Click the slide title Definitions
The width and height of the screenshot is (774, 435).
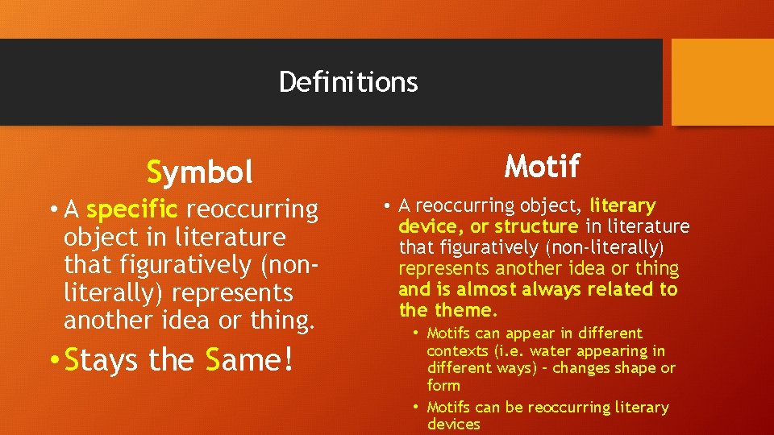tap(348, 81)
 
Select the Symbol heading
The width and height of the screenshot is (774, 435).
tap(200, 172)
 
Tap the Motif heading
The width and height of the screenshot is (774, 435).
tap(542, 167)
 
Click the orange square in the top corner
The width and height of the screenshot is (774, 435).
tap(722, 82)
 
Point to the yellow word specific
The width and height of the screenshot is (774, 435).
tap(131, 209)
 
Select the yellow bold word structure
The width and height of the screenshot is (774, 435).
tap(535, 226)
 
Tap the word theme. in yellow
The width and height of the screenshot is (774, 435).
tap(466, 310)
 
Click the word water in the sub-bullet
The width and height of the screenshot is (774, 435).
tap(552, 350)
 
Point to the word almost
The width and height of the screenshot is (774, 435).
tap(490, 289)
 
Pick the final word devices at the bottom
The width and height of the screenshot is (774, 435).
tap(453, 425)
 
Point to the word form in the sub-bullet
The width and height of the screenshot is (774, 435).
tap(443, 386)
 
